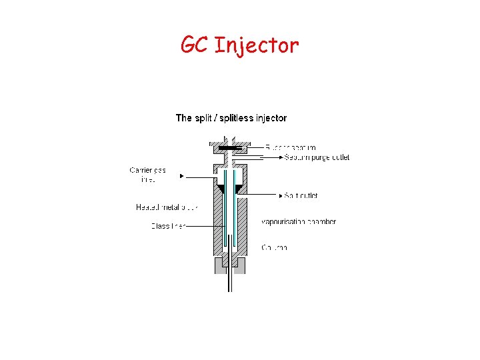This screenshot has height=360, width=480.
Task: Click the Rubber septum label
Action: (290, 147)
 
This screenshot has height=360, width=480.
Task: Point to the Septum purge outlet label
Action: (317, 157)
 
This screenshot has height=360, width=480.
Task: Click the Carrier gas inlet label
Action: (146, 175)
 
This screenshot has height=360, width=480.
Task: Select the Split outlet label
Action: (301, 196)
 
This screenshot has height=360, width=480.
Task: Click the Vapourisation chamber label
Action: (298, 221)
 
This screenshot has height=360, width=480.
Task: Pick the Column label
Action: (274, 247)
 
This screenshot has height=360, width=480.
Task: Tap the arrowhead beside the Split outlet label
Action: (281, 196)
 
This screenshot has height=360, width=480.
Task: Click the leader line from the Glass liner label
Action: (200, 226)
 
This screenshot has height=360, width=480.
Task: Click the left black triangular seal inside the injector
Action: (221, 189)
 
